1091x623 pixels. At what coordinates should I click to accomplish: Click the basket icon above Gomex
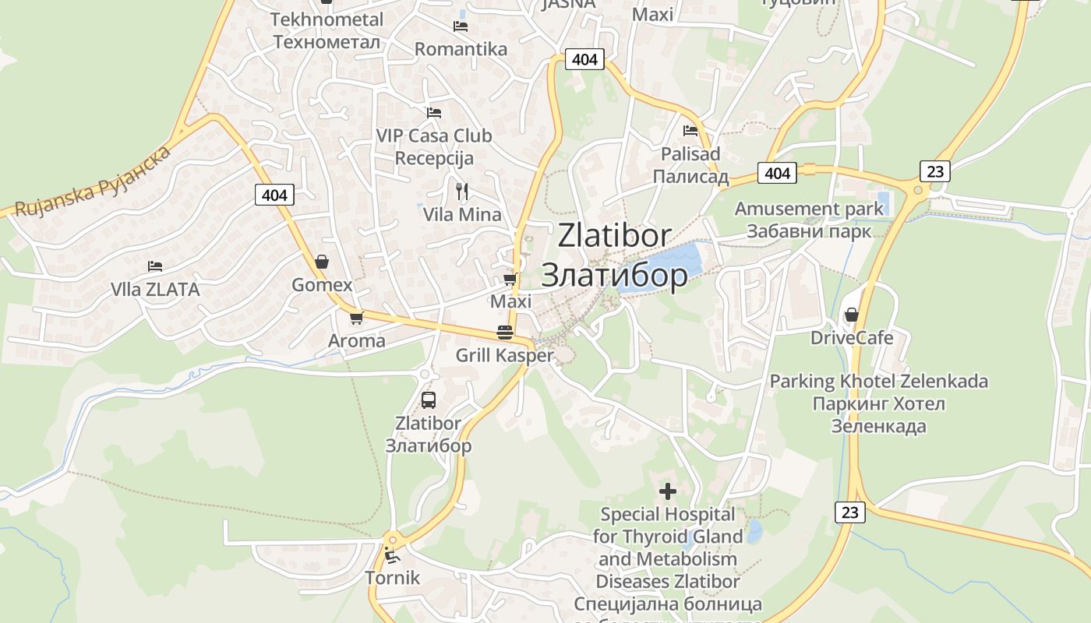tap(321, 262)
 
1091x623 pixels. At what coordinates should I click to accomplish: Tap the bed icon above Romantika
tap(461, 26)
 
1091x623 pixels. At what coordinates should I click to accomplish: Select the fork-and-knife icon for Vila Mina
tap(461, 191)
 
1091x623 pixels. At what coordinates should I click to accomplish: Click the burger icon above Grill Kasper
tap(504, 333)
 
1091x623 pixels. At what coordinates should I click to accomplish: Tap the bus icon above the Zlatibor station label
tap(428, 400)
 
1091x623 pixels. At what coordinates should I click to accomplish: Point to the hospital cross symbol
tap(667, 491)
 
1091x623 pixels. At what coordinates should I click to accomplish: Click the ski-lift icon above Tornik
tap(391, 555)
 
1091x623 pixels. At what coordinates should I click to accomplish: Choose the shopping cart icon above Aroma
tap(356, 318)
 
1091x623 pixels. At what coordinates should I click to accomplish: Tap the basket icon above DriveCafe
tap(851, 315)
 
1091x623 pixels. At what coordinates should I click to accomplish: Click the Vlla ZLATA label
tap(155, 290)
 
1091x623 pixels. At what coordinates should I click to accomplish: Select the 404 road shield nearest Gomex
tap(274, 195)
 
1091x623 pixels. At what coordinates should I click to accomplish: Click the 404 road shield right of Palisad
tap(777, 173)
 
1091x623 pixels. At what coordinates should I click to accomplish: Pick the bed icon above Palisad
tap(690, 130)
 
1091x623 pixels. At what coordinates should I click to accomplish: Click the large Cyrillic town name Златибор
tap(614, 275)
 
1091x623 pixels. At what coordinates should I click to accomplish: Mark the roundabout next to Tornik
tap(392, 538)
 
